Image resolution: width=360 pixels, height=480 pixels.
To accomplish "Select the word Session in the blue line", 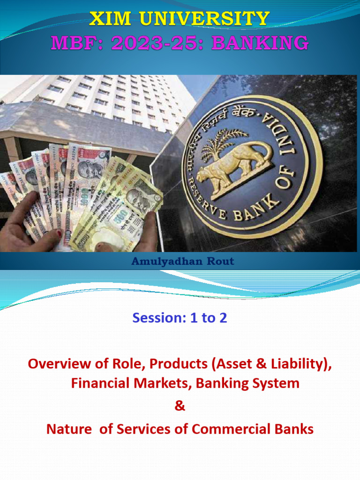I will coord(159,318).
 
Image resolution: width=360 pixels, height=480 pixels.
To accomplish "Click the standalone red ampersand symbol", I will coord(180,406).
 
